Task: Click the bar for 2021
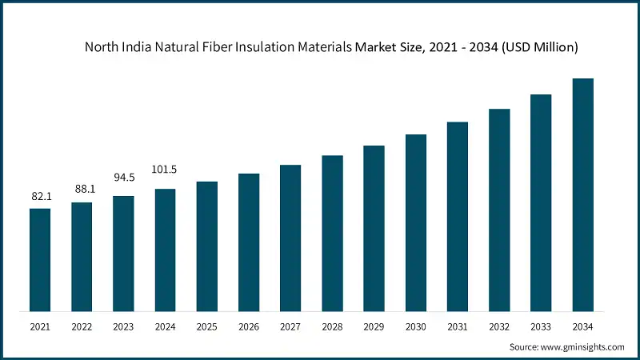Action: pyautogui.click(x=40, y=259)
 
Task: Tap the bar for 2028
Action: pyautogui.click(x=332, y=233)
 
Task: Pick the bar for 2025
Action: pyautogui.click(x=207, y=246)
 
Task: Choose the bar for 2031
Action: pyautogui.click(x=458, y=216)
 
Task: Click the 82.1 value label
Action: pyautogui.click(x=40, y=196)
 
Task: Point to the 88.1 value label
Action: pyautogui.click(x=82, y=190)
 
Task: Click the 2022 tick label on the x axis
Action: pyautogui.click(x=82, y=326)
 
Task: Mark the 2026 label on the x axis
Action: pyautogui.click(x=249, y=326)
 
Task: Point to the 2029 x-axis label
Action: pyautogui.click(x=374, y=326)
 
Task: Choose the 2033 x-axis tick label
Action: pyautogui.click(x=541, y=326)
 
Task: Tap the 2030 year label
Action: pyautogui.click(x=415, y=326)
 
